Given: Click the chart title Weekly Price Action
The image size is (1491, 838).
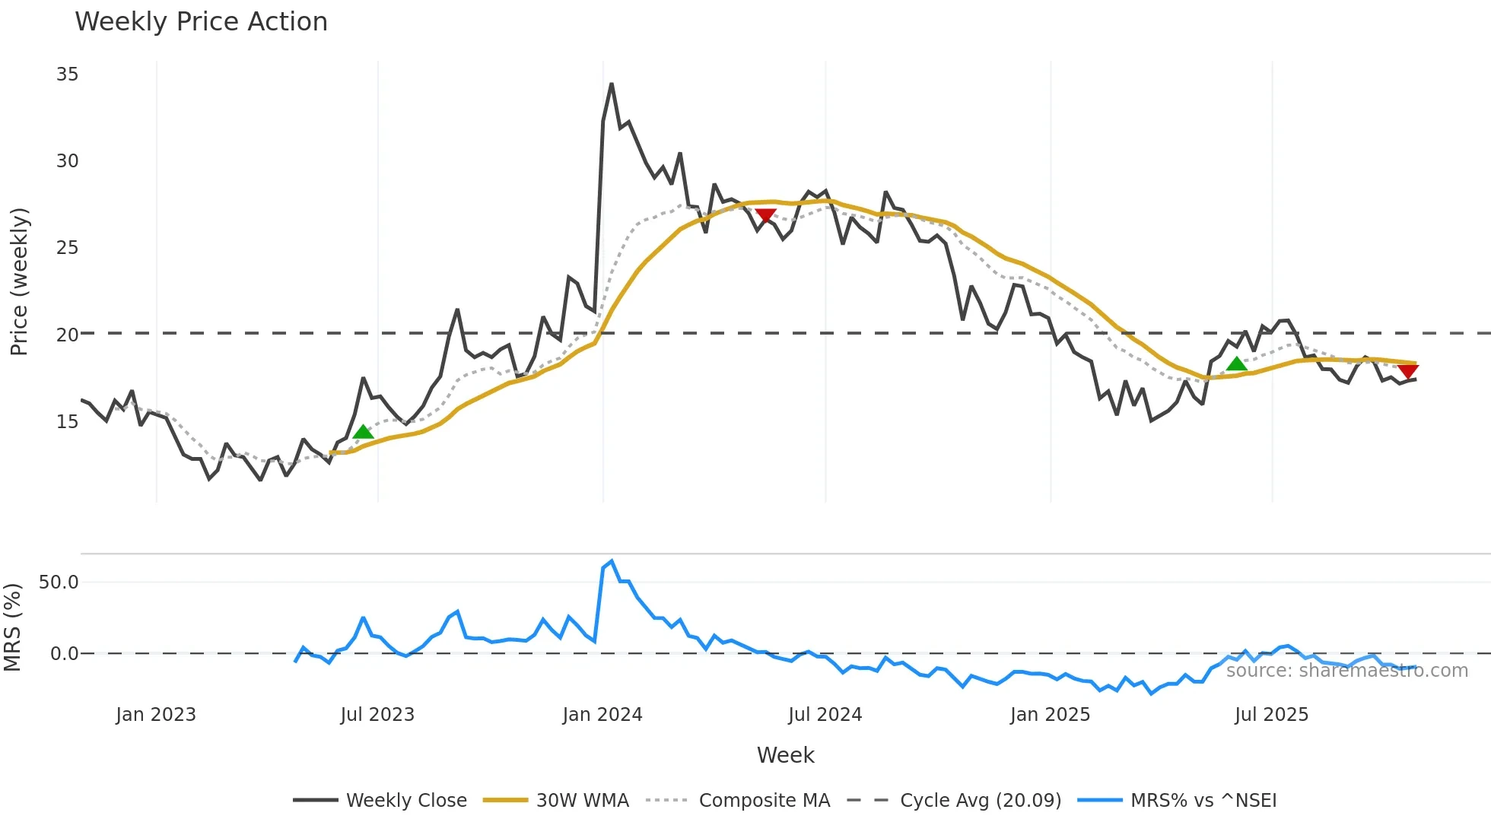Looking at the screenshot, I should (x=201, y=22).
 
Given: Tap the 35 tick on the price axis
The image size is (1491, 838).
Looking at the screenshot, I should (x=67, y=75).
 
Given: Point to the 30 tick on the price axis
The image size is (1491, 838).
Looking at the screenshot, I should (x=67, y=161).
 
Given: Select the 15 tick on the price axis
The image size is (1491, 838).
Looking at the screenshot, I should (x=67, y=422).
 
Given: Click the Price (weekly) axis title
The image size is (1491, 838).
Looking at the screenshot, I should (x=19, y=281).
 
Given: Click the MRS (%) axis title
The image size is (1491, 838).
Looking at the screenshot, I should (x=12, y=627).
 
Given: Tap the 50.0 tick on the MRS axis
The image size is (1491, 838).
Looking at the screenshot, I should (x=59, y=582).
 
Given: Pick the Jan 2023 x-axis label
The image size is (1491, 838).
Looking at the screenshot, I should (x=156, y=715).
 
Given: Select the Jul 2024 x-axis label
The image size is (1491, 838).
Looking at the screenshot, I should (x=825, y=715).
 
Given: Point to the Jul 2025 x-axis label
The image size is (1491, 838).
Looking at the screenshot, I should (x=1272, y=715).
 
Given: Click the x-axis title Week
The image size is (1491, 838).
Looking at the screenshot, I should (x=785, y=755).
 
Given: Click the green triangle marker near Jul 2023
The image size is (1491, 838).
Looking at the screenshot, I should (x=363, y=433).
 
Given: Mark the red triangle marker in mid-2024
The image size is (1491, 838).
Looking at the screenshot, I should (x=765, y=216).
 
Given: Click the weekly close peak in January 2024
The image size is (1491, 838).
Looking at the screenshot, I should (x=612, y=84).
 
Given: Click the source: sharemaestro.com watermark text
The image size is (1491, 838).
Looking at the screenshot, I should (x=1346, y=671).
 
